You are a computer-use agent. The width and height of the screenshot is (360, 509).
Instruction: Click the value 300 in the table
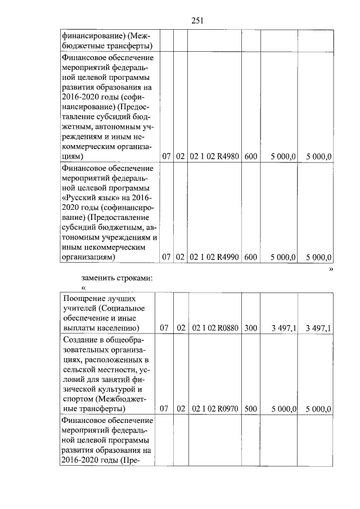point(251,327)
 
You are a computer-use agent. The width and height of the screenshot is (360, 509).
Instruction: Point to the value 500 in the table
point(251,409)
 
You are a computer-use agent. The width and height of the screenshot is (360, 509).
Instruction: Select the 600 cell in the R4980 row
point(251,157)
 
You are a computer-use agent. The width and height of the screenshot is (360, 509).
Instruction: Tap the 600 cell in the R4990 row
point(251,257)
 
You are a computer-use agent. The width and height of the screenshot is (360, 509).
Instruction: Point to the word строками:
point(136,278)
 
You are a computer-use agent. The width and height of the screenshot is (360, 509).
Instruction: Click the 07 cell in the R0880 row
point(165,327)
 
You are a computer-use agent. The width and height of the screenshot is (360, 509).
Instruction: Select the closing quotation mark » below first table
point(331,269)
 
